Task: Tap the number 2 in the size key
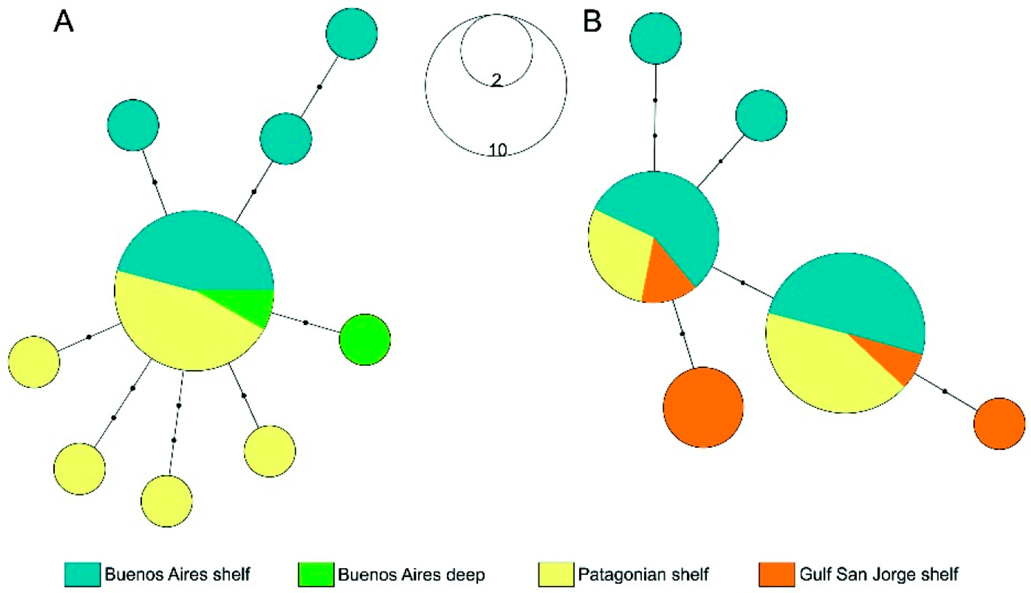496,80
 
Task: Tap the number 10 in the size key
498,150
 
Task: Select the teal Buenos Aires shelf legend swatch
83,574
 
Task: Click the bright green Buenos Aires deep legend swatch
316,574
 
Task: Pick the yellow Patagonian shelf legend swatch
556,574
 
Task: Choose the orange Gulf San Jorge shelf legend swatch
777,574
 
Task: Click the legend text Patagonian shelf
644,574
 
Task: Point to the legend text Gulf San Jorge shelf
879,574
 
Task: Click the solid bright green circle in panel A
365,339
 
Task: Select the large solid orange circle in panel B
703,407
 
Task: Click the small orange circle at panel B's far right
999,423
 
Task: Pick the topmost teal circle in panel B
655,38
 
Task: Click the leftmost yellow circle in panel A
34,362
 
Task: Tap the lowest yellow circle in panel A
167,501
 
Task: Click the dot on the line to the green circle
306,323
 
